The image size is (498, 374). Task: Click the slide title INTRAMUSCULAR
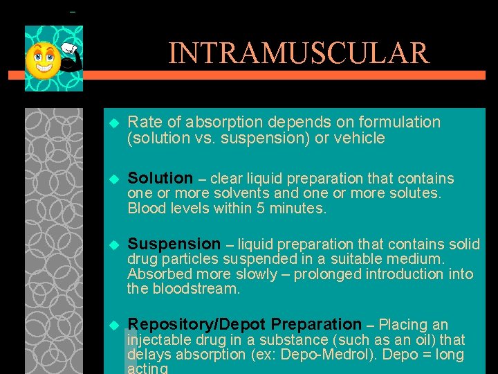tap(298, 53)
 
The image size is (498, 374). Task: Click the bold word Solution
tap(160, 179)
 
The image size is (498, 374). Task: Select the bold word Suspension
tap(174, 244)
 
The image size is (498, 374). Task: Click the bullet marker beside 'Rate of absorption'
tap(115, 123)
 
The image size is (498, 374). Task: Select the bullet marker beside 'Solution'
tap(115, 179)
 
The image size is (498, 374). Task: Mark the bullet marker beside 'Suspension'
tap(115, 244)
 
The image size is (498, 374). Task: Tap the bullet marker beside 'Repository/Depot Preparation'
tap(115, 325)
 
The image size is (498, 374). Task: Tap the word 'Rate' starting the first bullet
tap(144, 123)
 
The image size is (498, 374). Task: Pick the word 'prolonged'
tap(324, 274)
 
